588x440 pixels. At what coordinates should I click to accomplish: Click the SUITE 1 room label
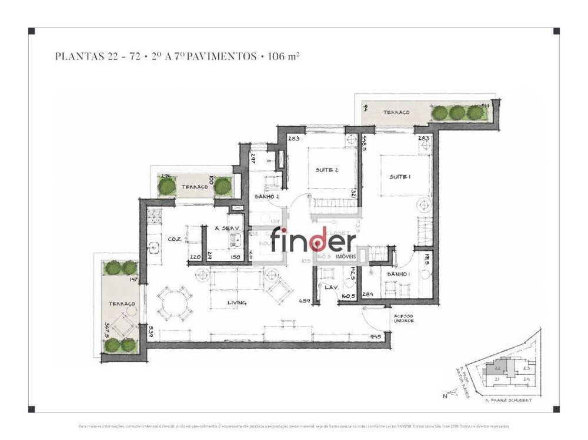(400, 177)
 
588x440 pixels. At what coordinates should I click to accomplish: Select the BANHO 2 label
(266, 197)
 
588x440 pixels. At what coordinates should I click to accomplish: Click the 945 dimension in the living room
(376, 337)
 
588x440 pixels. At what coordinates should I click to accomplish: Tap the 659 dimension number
(305, 301)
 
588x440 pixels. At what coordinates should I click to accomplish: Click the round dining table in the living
(174, 303)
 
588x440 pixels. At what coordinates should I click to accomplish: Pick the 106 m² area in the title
(284, 57)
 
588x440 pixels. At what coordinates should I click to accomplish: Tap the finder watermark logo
(313, 241)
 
